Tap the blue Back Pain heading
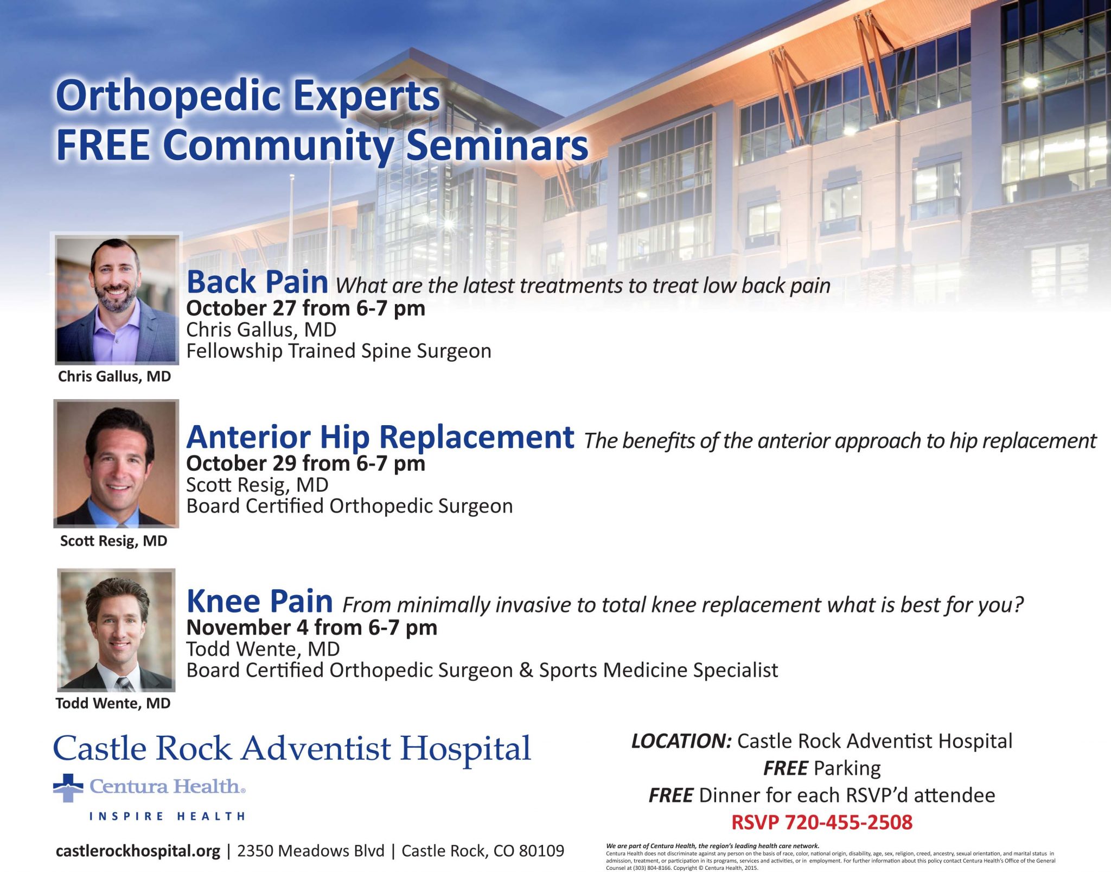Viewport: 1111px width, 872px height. (x=257, y=282)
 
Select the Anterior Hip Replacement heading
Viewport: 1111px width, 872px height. (x=380, y=437)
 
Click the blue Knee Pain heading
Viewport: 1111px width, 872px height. (x=259, y=602)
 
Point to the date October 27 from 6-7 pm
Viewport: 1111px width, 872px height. (x=306, y=308)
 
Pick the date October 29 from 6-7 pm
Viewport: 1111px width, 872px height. (x=306, y=464)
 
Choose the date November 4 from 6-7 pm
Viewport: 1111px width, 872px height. (x=312, y=628)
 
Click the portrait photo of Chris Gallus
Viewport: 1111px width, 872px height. (x=117, y=300)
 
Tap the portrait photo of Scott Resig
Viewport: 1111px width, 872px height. (x=116, y=464)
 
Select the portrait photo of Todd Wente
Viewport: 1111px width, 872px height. (x=116, y=630)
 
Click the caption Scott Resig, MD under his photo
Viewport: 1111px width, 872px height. (x=114, y=541)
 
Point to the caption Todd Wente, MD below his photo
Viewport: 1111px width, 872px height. (x=113, y=704)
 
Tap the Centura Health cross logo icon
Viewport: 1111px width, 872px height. (x=68, y=788)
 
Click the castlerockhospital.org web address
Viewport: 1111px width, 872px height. (x=138, y=851)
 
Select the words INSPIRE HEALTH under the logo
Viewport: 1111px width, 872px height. (x=167, y=816)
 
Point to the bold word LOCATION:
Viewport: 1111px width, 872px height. (x=682, y=741)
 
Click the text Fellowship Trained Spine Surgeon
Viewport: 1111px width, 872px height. (x=339, y=351)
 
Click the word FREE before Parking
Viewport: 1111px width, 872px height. (x=786, y=768)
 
